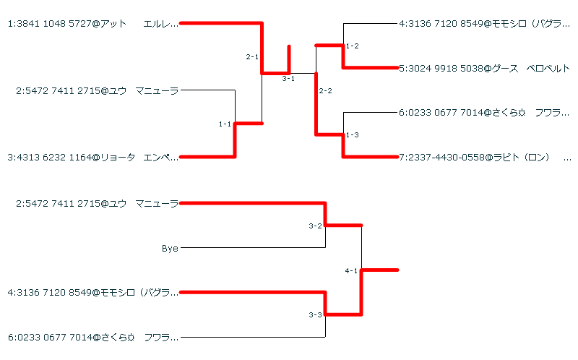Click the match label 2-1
[x=252, y=56]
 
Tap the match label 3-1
[x=288, y=79]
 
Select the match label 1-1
[x=225, y=124]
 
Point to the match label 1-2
[x=353, y=46]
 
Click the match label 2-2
[x=326, y=91]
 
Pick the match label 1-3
[x=353, y=135]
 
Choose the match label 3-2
[x=315, y=226]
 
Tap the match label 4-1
[x=352, y=271]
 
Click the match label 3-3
[x=315, y=315]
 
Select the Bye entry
[x=170, y=249]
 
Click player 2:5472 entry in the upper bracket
[x=97, y=90]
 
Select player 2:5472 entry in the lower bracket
[x=97, y=204]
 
